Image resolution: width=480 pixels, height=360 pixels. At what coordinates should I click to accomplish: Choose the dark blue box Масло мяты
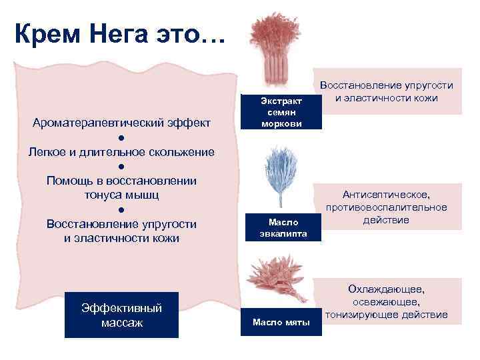(x=281, y=323)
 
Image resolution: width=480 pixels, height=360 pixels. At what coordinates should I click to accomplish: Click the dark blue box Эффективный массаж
(x=121, y=315)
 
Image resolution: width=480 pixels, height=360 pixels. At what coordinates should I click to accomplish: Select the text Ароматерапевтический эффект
(x=121, y=123)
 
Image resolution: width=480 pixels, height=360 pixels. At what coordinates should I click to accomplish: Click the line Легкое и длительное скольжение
(x=121, y=152)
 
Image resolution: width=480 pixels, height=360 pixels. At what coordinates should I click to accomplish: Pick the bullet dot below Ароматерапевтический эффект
(x=121, y=137)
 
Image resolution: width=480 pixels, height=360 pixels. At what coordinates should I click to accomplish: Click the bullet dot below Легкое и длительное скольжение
(x=121, y=167)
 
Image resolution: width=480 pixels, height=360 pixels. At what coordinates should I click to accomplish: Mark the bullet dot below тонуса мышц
(x=121, y=209)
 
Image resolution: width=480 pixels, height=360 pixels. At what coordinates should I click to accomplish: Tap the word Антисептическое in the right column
(x=387, y=195)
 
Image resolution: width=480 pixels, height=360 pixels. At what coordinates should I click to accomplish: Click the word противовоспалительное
(x=387, y=207)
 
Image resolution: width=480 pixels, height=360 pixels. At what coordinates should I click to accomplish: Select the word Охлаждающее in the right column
(x=387, y=289)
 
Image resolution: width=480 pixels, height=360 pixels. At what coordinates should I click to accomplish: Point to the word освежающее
(x=387, y=302)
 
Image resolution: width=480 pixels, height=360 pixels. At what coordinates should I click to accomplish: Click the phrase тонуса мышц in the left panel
(x=121, y=195)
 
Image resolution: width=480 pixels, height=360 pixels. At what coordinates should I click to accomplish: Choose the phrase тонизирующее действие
(x=387, y=315)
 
